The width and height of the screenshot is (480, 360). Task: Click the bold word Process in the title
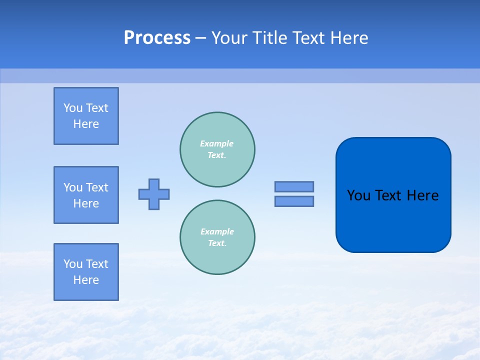[157, 38]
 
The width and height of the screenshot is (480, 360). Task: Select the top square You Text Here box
[86, 116]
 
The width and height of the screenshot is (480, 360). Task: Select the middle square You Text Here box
[86, 195]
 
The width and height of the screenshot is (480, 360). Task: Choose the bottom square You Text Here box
[86, 272]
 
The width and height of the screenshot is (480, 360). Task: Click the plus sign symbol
[154, 194]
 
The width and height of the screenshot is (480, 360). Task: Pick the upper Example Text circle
[217, 149]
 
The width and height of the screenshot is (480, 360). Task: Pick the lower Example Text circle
[217, 237]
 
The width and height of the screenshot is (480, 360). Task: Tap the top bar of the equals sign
[294, 186]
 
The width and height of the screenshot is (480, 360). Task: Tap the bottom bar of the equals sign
[294, 201]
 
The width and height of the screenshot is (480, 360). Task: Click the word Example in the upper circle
[217, 143]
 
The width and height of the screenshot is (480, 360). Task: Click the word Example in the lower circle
[217, 231]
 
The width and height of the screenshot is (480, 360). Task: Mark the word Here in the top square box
[86, 124]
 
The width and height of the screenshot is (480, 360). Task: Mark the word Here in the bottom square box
[86, 280]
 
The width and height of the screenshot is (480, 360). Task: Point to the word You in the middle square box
[72, 187]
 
